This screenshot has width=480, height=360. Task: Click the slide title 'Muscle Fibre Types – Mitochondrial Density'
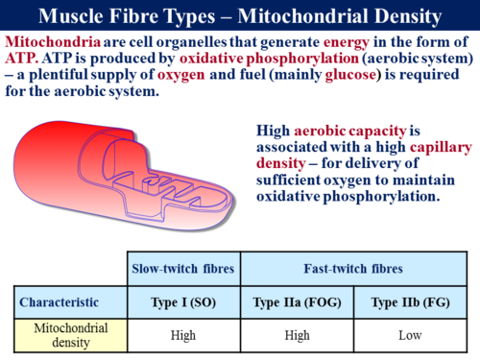click(240, 14)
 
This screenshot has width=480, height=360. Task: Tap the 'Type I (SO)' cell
click(183, 301)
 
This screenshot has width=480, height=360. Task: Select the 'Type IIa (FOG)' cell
click(298, 301)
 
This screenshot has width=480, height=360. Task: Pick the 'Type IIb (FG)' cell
click(413, 301)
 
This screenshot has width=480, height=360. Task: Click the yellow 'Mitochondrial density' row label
click(66, 335)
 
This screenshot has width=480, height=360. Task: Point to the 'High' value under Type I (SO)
click(183, 335)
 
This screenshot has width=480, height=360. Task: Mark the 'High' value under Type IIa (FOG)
click(298, 335)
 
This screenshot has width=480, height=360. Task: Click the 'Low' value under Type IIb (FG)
click(413, 335)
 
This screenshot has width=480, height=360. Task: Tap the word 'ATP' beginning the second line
click(19, 58)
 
